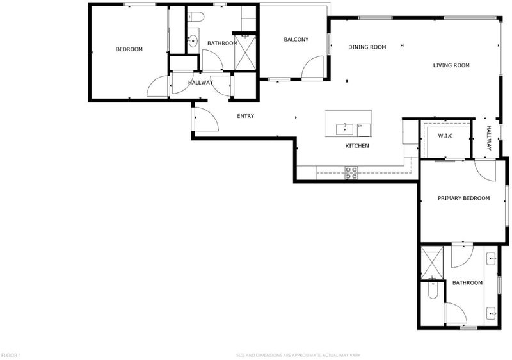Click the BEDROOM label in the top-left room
129,49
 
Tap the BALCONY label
296,40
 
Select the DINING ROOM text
367,47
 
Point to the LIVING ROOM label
451,65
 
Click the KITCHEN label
357,145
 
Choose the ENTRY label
246,116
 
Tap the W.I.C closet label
445,136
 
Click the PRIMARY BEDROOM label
463,198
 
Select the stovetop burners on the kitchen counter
351,173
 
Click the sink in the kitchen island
345,129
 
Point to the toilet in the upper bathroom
196,16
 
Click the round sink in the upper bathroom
193,41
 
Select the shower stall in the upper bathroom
245,53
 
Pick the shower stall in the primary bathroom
432,263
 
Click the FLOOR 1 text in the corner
12,355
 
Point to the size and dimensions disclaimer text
298,355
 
